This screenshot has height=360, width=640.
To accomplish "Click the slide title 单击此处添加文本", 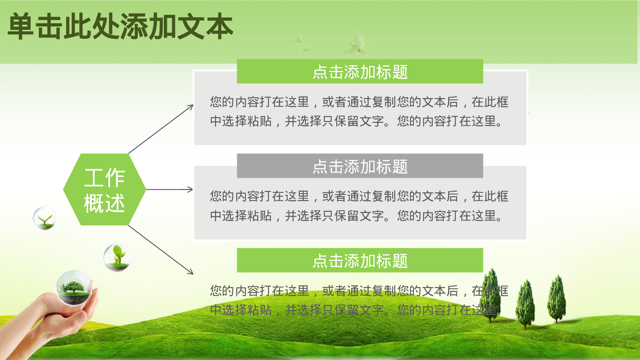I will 120,26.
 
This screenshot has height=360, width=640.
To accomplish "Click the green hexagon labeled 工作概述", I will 105,189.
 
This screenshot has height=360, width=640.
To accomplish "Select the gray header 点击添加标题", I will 360,166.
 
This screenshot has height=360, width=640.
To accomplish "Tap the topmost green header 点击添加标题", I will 360,71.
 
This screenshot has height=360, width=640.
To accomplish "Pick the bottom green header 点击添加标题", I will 360,260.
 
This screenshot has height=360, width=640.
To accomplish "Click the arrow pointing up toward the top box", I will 161,129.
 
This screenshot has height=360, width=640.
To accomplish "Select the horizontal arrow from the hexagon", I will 169,189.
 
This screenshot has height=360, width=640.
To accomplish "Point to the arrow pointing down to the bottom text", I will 161,250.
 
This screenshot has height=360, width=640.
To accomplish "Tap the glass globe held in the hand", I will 74,287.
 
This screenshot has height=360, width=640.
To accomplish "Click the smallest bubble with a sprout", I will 45,218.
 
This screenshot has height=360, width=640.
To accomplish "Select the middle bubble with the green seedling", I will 117,257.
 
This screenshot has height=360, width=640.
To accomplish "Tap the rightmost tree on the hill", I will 557,298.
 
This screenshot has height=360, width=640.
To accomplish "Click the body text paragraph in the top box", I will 358,111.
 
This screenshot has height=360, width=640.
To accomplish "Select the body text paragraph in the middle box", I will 358,206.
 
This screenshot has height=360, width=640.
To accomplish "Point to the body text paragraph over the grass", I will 358,300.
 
